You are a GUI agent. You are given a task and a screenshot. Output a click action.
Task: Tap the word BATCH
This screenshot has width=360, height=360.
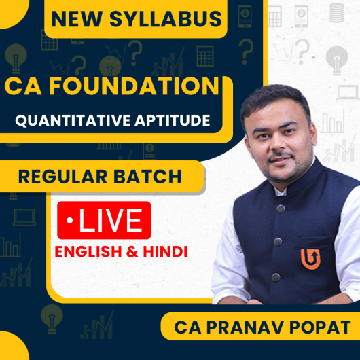pos(149,177)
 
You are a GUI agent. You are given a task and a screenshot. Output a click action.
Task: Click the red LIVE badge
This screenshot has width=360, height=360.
pos(104,220)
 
